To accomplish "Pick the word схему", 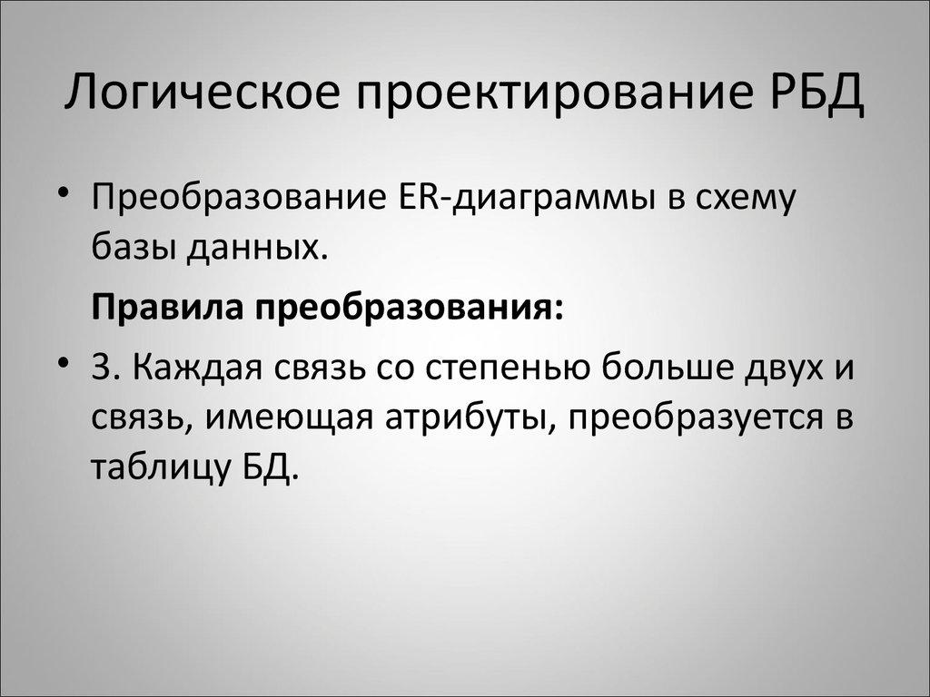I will coord(740,199).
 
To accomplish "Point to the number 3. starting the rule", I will coord(104,369).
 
